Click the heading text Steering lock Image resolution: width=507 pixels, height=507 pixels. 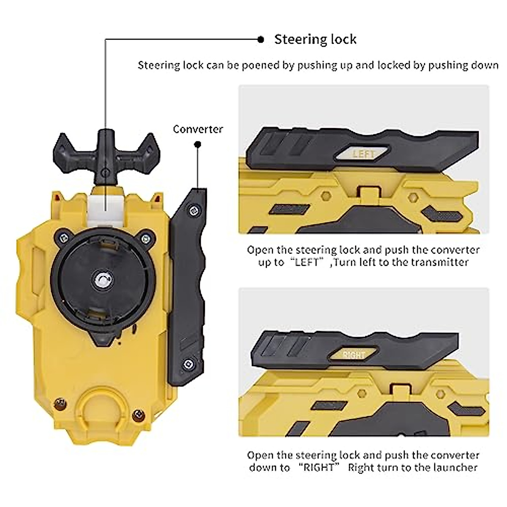(x=315, y=39)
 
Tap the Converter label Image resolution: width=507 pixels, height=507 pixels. (x=198, y=129)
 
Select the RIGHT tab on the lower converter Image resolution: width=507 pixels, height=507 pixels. (x=354, y=355)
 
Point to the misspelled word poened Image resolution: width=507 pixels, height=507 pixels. (x=275, y=65)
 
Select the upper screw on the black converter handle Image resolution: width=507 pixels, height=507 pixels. (x=194, y=209)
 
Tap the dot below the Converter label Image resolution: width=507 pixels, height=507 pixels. (x=197, y=145)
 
